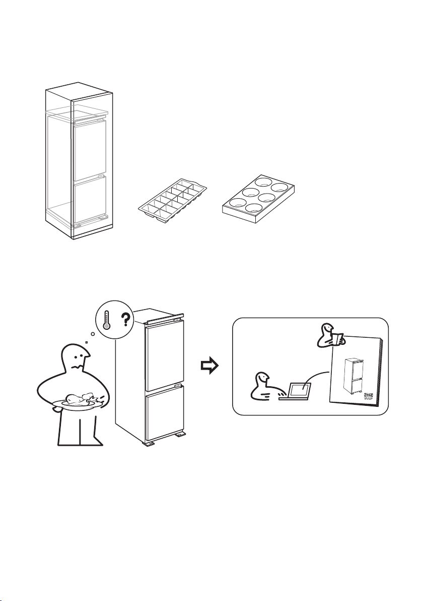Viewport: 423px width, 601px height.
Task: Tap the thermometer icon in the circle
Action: click(106, 320)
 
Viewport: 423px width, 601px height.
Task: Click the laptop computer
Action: click(298, 391)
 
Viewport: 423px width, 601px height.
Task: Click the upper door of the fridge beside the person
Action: click(164, 355)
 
